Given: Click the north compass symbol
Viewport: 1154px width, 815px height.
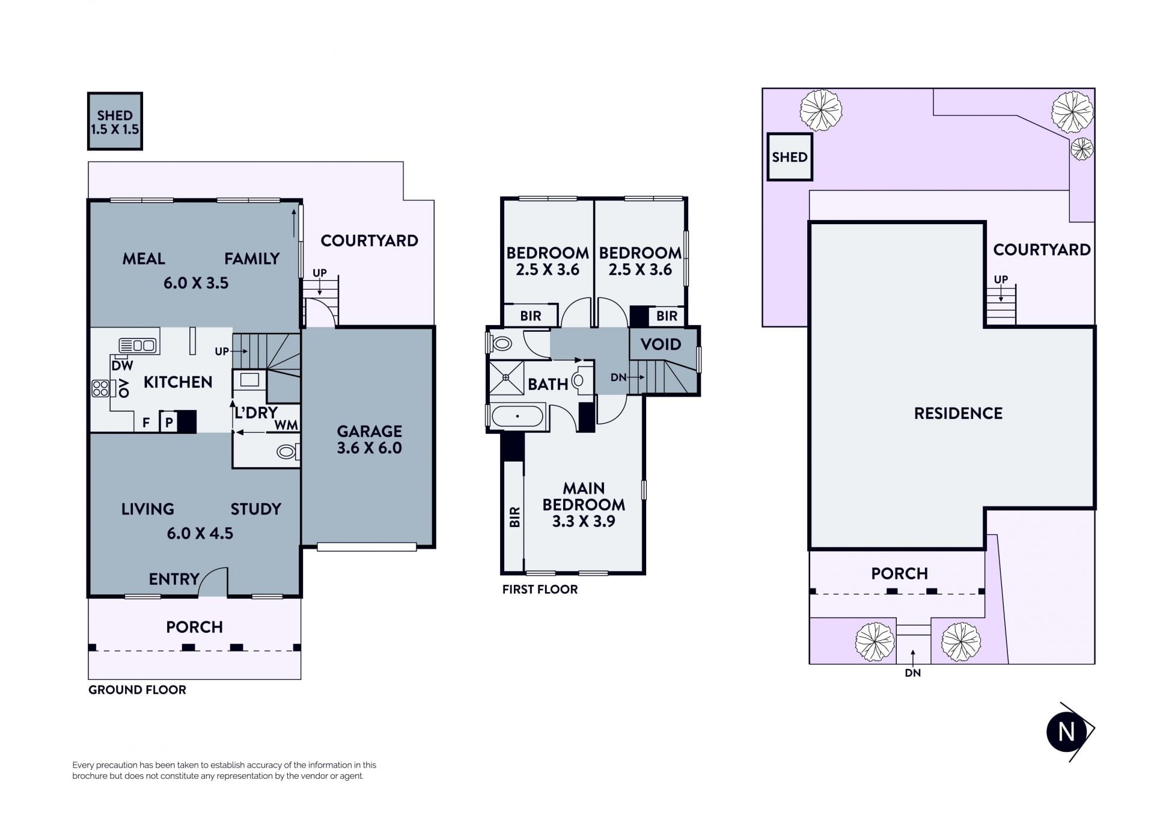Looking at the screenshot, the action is [x=1069, y=731].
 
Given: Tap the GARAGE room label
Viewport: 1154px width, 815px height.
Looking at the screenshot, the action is [x=369, y=431].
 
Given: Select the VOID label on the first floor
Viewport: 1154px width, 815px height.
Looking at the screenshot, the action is [x=661, y=344].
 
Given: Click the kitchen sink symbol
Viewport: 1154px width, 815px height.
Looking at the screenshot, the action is [x=138, y=345].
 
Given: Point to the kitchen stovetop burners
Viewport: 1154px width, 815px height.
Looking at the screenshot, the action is [x=100, y=388].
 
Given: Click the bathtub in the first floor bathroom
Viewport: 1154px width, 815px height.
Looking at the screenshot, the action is [x=517, y=416].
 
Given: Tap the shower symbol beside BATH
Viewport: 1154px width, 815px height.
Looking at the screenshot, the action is [x=506, y=377].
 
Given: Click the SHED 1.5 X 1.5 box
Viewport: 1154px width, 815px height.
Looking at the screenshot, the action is [x=115, y=121].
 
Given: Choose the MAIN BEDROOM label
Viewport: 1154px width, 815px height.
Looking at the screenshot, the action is [x=584, y=496].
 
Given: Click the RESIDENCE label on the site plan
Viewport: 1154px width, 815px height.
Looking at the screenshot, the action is [x=958, y=414].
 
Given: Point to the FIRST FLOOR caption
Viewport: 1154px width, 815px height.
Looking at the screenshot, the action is [x=540, y=590].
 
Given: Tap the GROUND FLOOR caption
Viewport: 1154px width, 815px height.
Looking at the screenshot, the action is [x=137, y=690].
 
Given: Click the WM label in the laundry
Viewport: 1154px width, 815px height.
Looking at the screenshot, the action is [x=286, y=425].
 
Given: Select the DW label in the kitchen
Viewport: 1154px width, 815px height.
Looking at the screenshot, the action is [x=122, y=365].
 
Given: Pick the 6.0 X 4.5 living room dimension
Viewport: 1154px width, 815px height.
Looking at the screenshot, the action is [x=200, y=533].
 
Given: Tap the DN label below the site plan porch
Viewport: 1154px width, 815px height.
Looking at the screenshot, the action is [x=912, y=673].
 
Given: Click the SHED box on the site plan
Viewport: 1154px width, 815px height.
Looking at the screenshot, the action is [x=790, y=157].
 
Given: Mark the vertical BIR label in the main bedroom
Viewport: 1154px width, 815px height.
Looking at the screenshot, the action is [x=514, y=517].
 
